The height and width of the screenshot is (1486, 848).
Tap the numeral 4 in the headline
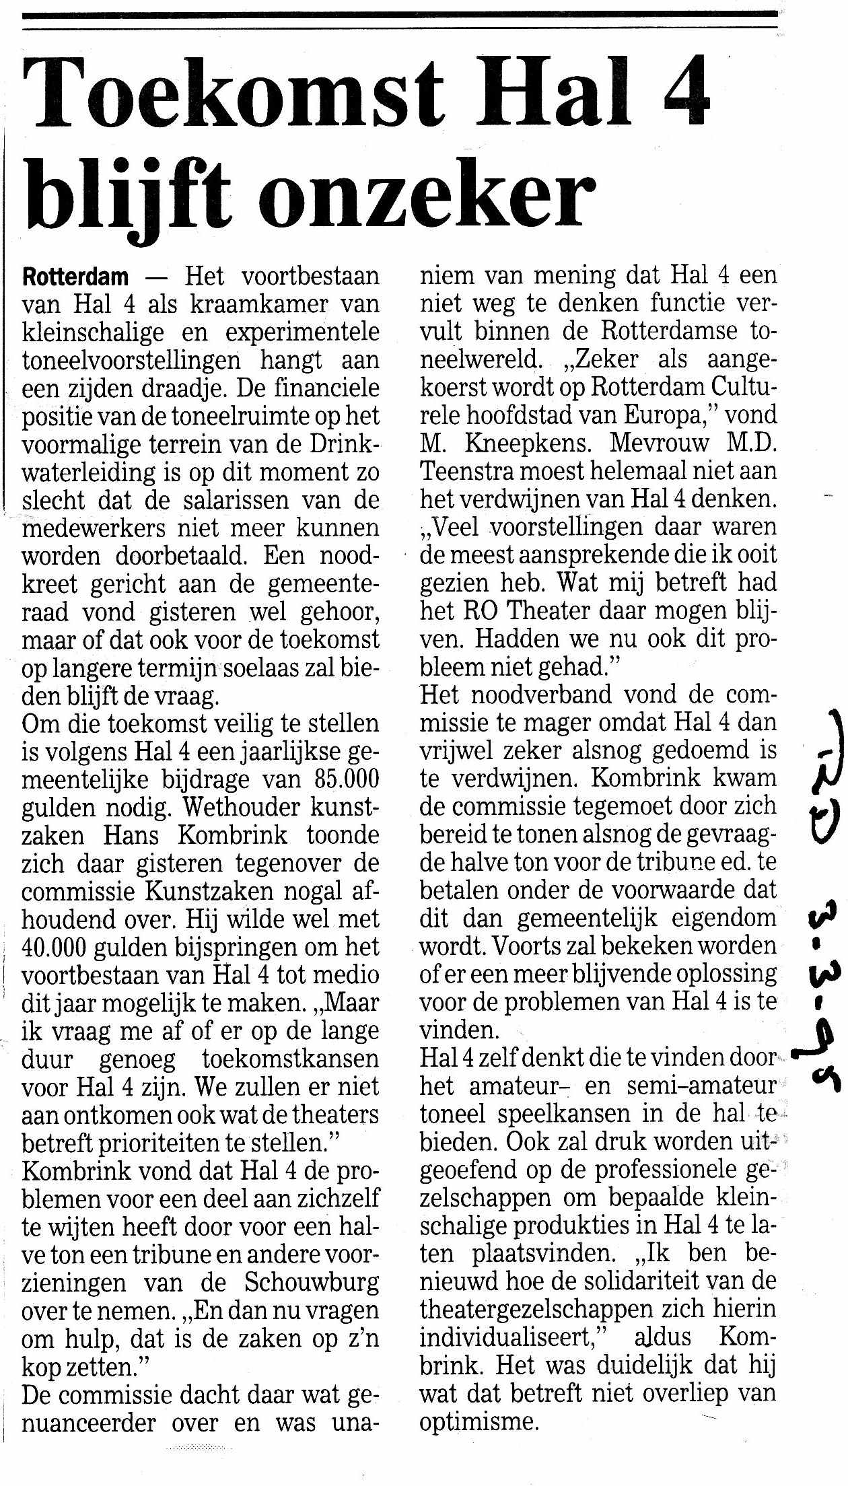point(682,94)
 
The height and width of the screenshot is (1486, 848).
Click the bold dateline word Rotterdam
point(75,277)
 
